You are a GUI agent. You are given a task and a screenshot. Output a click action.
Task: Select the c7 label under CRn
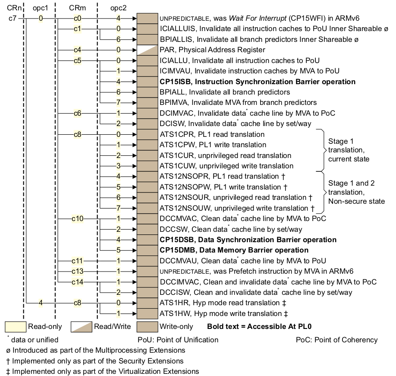pyautogui.click(x=12, y=19)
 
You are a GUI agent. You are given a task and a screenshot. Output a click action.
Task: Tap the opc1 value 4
pyautogui.click(x=41, y=303)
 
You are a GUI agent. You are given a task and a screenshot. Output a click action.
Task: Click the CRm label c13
pyautogui.click(x=77, y=271)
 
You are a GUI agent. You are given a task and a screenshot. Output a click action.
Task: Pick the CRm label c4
pyautogui.click(x=77, y=50)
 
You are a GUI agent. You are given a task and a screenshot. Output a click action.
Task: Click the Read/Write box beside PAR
pyautogui.click(x=147, y=50)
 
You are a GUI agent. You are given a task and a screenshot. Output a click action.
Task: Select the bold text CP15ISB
pyautogui.click(x=173, y=82)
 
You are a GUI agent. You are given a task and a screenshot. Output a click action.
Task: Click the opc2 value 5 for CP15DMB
pyautogui.click(x=118, y=250)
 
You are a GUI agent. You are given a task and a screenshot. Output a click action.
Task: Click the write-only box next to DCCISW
pyautogui.click(x=147, y=292)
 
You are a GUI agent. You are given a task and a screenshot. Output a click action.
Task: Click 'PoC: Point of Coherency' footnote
pyautogui.click(x=336, y=340)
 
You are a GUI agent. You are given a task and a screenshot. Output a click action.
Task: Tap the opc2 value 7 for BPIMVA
pyautogui.click(x=118, y=103)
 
